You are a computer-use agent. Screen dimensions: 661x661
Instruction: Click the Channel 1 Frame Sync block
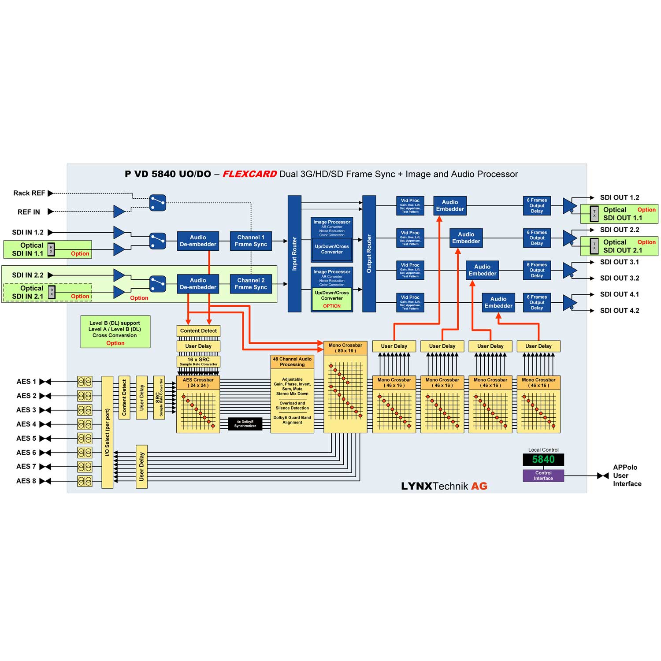pos(251,241)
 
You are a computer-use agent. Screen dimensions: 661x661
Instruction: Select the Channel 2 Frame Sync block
pos(251,284)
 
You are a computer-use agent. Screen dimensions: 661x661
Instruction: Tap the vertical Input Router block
pos(294,254)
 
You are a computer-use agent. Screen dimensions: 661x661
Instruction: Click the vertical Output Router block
pos(369,254)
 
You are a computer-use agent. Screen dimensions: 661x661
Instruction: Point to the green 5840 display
pos(543,460)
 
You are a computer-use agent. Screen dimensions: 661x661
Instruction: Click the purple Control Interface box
pos(543,475)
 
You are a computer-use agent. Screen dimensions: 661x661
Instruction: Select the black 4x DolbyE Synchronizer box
pos(245,424)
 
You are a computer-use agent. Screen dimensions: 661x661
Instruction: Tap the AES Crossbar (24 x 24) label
pos(198,382)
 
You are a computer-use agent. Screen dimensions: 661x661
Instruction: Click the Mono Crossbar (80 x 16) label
pos(345,348)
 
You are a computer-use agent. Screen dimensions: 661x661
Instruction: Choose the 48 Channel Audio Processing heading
pos(292,362)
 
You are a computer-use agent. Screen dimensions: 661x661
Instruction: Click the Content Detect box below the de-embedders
pos(198,331)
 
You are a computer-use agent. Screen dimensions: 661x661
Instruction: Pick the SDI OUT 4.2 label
pos(619,311)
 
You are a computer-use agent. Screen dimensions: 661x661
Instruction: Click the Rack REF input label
pos(29,193)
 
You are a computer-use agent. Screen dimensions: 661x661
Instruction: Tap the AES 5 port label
pos(26,438)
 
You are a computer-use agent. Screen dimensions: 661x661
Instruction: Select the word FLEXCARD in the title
pos(249,174)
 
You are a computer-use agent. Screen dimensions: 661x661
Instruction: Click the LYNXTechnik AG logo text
pos(444,486)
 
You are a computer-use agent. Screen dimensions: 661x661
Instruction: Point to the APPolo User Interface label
pos(627,475)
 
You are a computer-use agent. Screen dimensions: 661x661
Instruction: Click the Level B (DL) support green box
pos(115,332)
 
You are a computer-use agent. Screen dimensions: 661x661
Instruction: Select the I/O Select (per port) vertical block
pos(108,432)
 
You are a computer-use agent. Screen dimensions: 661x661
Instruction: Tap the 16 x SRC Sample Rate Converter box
pos(198,361)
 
